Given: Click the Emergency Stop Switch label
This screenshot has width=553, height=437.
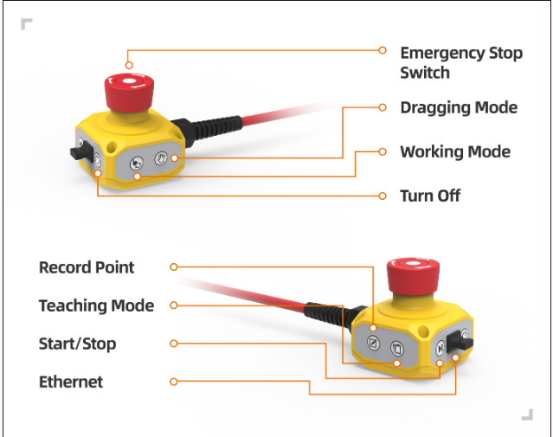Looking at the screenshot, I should pyautogui.click(x=460, y=62).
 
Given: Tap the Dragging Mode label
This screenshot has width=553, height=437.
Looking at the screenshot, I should pyautogui.click(x=459, y=108).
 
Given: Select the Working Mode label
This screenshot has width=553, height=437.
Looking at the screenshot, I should pyautogui.click(x=454, y=152).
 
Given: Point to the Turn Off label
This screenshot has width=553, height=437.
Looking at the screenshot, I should pyautogui.click(x=429, y=196).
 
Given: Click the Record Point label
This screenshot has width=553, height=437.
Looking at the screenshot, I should pyautogui.click(x=87, y=267).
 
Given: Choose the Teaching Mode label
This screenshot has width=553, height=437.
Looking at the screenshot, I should pyautogui.click(x=96, y=305).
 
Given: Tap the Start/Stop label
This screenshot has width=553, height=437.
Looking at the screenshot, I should pyautogui.click(x=77, y=344).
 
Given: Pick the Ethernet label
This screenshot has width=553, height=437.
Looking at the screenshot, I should pyautogui.click(x=71, y=382).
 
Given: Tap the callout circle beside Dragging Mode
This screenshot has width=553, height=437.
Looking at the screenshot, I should pyautogui.click(x=383, y=108).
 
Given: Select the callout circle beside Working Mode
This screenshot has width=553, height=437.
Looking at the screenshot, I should pyautogui.click(x=383, y=151).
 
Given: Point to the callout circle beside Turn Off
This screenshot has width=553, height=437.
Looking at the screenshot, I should pyautogui.click(x=383, y=196).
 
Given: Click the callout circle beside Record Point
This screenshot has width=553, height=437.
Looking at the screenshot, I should pyautogui.click(x=174, y=267).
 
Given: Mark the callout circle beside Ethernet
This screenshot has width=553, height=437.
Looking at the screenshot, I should pyautogui.click(x=174, y=382).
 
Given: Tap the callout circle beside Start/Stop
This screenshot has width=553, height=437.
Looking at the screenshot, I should pyautogui.click(x=174, y=344).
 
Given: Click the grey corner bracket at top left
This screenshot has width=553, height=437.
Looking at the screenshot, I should pyautogui.click(x=27, y=23).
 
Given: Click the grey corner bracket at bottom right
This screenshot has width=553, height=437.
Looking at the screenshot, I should pyautogui.click(x=527, y=415).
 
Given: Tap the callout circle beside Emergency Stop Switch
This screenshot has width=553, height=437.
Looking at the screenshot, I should pyautogui.click(x=383, y=50).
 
